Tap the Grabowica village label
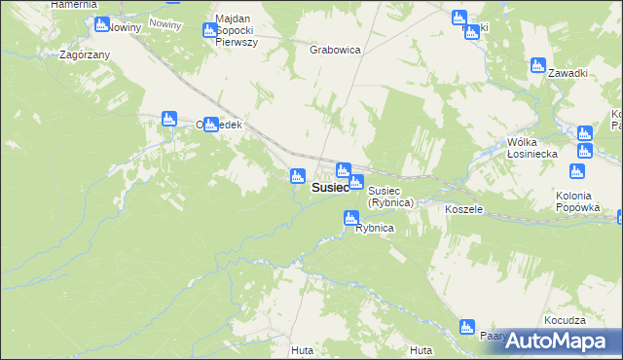[x=336, y=49]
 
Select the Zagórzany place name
[x=84, y=54]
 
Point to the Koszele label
[x=463, y=209]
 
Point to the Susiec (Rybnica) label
[x=391, y=198]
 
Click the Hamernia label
[x=74, y=5]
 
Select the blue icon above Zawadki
[x=537, y=65]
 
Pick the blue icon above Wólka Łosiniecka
[x=584, y=133]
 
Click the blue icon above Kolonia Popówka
[x=576, y=172]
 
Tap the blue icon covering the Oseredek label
[x=210, y=124]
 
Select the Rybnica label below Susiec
[x=374, y=228]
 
